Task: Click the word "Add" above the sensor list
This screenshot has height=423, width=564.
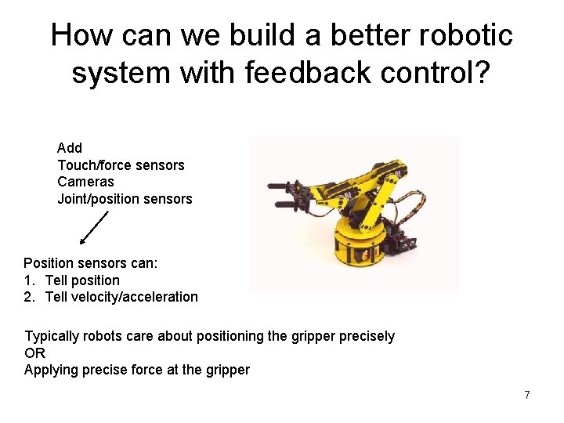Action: tap(70, 148)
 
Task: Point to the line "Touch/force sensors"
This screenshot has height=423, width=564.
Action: tap(121, 165)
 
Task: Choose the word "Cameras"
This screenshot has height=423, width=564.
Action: tap(85, 182)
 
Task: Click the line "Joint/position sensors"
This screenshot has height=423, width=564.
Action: tap(125, 199)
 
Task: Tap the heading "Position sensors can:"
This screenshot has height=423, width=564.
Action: tap(91, 264)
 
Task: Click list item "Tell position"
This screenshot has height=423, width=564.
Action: tap(82, 280)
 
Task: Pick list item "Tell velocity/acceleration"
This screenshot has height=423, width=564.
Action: tap(121, 297)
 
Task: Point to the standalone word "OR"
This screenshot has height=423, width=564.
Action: tap(35, 353)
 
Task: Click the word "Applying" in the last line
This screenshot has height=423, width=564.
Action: tap(50, 370)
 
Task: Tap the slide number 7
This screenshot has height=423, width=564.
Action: tap(527, 396)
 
